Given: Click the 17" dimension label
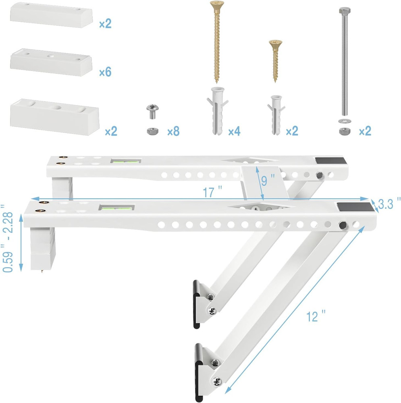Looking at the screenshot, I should tap(208, 193).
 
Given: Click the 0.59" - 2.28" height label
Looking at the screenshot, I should tap(9, 238).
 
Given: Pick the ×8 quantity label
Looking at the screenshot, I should tap(173, 131).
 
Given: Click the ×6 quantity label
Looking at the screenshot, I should tap(105, 72).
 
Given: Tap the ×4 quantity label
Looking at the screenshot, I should tap(234, 131).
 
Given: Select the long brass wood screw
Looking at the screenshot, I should tap(216, 40).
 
